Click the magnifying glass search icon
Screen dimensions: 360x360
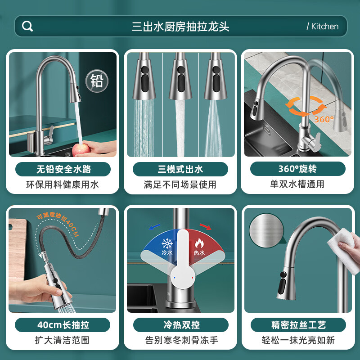pos(27,26)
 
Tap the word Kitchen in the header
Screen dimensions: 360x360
pos(324,27)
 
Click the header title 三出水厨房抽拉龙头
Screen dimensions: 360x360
pos(180,27)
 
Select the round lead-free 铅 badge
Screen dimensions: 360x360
pos(97,81)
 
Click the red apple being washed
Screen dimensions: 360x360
pos(81,149)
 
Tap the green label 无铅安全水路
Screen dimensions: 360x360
pos(63,169)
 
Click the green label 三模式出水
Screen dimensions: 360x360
pos(180,169)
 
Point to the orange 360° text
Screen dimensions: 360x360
pos(324,119)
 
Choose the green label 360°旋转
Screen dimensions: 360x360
pos(298,169)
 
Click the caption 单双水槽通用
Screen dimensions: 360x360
pos(297,184)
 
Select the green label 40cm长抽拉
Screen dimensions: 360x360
pos(63,325)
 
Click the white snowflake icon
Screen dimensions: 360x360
pos(167,243)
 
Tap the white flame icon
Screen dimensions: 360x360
pos(199,243)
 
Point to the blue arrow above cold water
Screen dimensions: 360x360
pos(154,227)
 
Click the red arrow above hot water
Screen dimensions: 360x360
pos(206,226)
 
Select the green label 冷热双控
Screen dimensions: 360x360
pos(181,325)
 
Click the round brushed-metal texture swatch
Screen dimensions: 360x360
pos(266,230)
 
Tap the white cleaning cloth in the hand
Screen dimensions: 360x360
pos(343,250)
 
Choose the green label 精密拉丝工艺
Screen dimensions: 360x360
pos(298,325)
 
